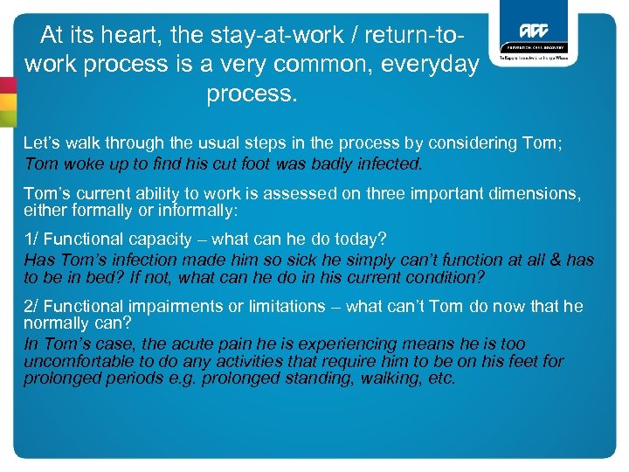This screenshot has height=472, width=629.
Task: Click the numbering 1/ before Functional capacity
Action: pos(31,238)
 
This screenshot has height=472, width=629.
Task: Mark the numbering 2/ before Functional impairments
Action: pos(32,306)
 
